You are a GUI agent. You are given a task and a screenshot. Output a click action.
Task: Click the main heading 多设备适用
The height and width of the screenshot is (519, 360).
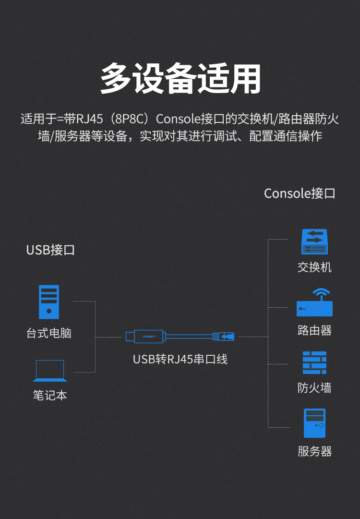click(x=180, y=78)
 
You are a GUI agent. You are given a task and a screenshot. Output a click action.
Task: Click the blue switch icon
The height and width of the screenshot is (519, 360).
click(x=314, y=241)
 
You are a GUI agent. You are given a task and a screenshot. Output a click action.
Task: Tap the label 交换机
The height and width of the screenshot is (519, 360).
click(x=314, y=267)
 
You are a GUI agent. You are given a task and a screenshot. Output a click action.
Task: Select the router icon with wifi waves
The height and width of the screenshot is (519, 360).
click(x=314, y=302)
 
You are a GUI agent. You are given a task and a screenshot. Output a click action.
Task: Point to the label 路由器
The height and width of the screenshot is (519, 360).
click(x=314, y=330)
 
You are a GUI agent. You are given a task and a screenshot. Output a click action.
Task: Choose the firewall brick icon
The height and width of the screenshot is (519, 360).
click(x=314, y=362)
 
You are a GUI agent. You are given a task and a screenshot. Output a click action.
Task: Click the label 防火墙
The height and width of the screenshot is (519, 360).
click(x=314, y=388)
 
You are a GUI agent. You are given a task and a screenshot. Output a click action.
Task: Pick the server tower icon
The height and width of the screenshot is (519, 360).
click(x=314, y=423)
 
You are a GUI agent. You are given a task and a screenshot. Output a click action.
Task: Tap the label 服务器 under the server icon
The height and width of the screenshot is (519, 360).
click(x=314, y=452)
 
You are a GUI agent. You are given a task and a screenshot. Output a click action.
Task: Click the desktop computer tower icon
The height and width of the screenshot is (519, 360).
click(x=49, y=302)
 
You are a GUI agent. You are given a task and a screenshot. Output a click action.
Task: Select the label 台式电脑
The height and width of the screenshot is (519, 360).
click(x=49, y=333)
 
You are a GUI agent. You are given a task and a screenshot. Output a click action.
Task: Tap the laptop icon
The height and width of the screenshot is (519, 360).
click(x=49, y=371)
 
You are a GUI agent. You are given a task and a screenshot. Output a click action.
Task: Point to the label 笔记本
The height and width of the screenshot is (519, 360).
click(x=49, y=396)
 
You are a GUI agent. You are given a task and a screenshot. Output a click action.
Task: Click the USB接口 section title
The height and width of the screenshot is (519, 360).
click(x=50, y=250)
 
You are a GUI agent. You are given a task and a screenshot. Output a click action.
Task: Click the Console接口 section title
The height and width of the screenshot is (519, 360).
click(x=300, y=193)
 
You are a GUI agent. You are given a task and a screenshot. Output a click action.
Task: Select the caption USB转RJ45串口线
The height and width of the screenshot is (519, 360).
click(x=180, y=359)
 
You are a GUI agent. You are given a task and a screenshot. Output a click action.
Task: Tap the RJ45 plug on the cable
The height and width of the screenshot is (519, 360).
click(x=224, y=336)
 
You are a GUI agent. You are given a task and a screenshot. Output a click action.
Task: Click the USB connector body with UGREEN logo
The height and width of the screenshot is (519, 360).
click(x=149, y=336)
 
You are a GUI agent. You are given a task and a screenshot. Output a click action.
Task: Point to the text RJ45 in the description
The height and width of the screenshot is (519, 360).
click(x=90, y=119)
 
